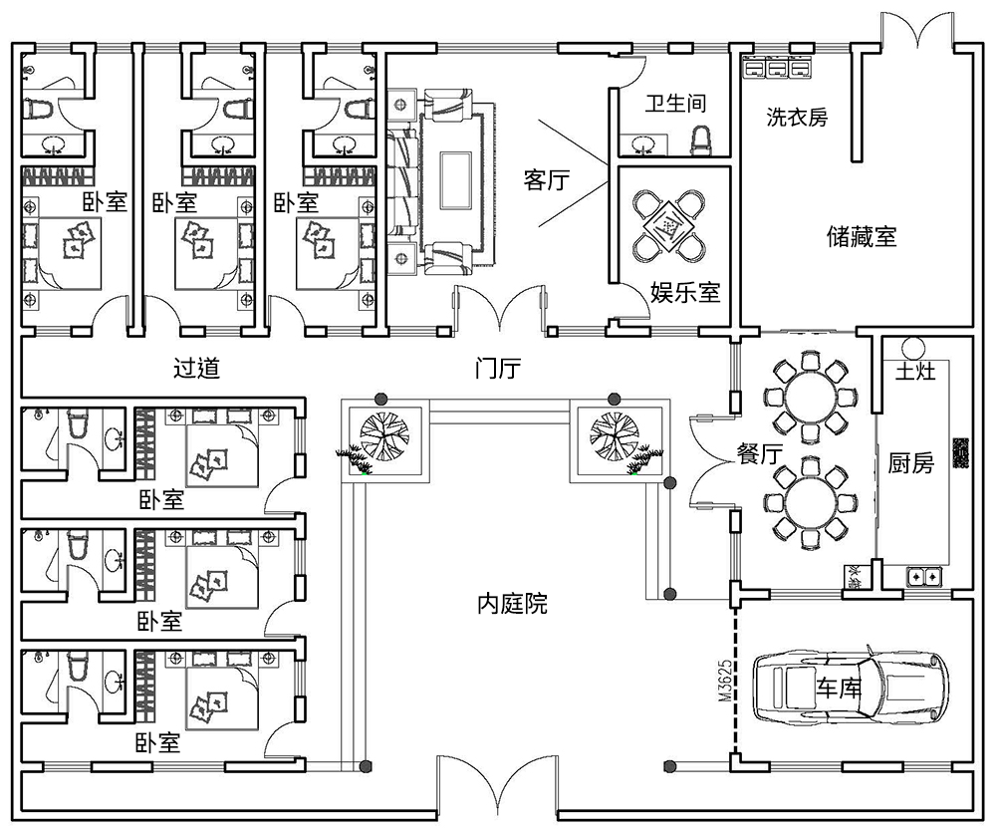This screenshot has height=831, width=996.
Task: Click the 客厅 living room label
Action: coord(546,180)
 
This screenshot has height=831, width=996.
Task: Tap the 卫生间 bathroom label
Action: coord(675,104)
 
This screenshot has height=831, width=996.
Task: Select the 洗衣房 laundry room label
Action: coord(797,117)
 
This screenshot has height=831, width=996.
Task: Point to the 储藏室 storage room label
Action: coord(862,236)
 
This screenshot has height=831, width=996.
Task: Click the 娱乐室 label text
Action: coord(685,292)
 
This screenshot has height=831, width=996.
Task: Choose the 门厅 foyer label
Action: coord(497,369)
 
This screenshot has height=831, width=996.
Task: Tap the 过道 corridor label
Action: coord(196,369)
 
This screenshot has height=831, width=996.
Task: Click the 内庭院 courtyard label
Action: coord(512,604)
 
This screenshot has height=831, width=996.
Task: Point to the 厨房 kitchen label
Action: coord(910,463)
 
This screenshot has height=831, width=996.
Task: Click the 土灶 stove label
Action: coord(913,373)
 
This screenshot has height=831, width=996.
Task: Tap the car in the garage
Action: coord(851,687)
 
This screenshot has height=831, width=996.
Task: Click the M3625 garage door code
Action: coord(724,680)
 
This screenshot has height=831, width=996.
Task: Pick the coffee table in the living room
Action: coord(455,179)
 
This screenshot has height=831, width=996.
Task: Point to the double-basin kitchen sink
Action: coord(922,576)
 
